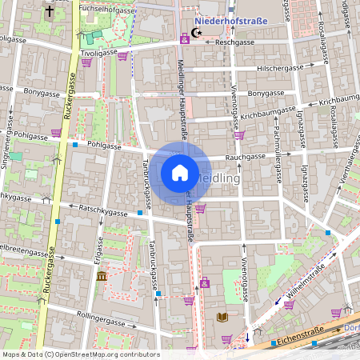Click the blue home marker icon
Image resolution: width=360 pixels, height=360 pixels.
180,172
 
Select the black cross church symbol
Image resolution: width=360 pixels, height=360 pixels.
50,13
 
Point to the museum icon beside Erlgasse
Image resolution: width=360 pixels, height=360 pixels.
102,276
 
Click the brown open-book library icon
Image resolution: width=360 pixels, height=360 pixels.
222,318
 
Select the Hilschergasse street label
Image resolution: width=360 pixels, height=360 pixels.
280,69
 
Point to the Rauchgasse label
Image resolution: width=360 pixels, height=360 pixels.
244,158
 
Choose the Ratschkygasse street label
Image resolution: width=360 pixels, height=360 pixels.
104,212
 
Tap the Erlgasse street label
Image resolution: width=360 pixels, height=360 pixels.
98,254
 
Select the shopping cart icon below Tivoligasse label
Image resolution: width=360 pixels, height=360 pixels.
122,55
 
